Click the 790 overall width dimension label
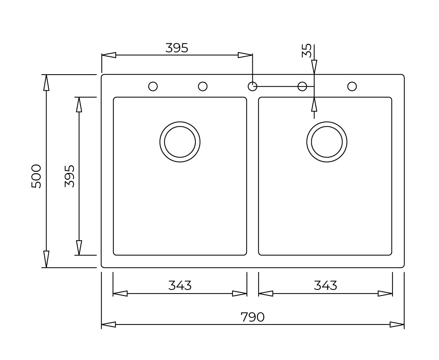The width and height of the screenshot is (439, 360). tap(252, 317)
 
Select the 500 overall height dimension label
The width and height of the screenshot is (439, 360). tap(36, 176)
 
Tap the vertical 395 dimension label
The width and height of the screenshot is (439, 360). tap(70, 176)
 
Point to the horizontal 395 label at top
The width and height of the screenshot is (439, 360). tap(177, 48)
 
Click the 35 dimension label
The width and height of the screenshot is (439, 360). tap(307, 51)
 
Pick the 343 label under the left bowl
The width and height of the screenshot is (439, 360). tap(180, 285)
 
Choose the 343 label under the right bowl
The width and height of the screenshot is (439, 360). tap(325, 285)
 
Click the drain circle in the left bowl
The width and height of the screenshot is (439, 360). tap(180, 142)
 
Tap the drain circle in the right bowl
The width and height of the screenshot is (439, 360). tap(327, 142)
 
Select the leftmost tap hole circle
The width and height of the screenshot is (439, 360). tap(153, 86)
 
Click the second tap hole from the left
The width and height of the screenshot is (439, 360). tap(203, 86)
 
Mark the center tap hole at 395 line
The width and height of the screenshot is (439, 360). tap(252, 86)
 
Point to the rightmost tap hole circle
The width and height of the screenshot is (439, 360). tap(352, 86)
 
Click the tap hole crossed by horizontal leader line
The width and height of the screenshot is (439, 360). tap(302, 86)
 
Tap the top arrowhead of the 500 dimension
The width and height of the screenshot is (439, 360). tap(46, 82)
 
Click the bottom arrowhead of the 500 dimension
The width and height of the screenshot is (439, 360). tap(46, 259)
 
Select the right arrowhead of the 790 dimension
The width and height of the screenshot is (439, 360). tap(397, 325)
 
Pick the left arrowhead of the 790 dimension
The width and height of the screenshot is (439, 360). tap(109, 325)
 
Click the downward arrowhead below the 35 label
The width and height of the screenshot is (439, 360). tap(314, 67)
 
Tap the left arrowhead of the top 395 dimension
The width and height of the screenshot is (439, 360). tap(109, 55)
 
